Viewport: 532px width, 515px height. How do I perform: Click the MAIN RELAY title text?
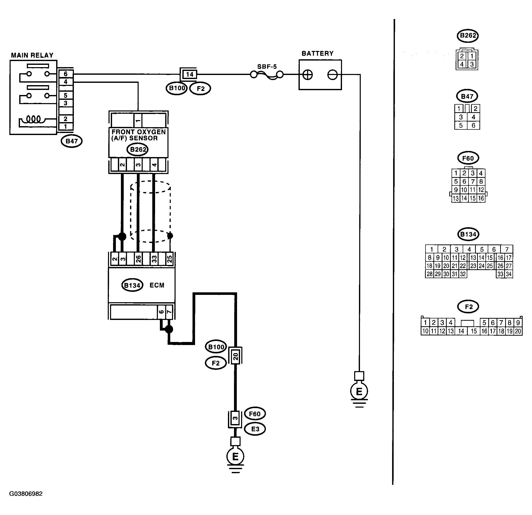click(x=32, y=55)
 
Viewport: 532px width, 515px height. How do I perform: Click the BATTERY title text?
click(x=317, y=53)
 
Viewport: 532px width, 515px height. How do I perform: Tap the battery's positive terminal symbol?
click(x=308, y=75)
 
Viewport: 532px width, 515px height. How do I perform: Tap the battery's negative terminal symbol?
click(x=332, y=75)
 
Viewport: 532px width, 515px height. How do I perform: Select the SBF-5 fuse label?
click(x=267, y=67)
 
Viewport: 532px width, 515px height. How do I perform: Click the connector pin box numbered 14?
click(x=189, y=74)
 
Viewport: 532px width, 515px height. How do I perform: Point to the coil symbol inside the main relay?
click(x=33, y=119)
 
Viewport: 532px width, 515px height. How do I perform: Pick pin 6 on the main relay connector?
click(x=66, y=74)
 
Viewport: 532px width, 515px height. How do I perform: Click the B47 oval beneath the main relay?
click(x=72, y=141)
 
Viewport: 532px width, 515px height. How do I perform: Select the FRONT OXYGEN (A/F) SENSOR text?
click(x=138, y=135)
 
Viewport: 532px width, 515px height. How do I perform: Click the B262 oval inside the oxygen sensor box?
click(x=138, y=149)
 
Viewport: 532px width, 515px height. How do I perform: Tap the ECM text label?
click(x=157, y=285)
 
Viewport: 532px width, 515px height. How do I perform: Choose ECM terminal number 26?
click(x=138, y=259)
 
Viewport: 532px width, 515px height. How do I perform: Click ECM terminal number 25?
click(x=169, y=259)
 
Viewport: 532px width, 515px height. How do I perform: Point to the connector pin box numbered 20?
click(x=235, y=356)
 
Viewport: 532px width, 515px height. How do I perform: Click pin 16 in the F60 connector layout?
click(x=481, y=198)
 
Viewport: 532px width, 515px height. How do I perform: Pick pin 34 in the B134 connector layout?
click(x=509, y=274)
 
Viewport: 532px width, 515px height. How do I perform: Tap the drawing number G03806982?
click(x=26, y=494)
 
